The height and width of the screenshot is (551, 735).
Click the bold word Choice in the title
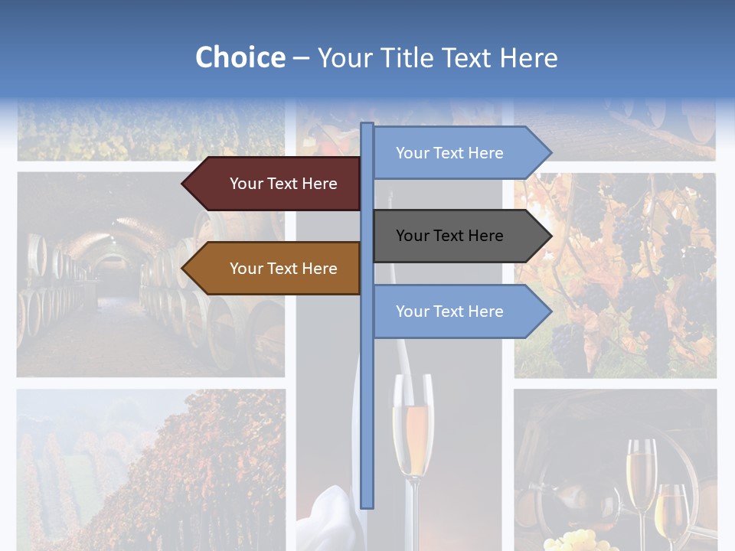[x=240, y=57]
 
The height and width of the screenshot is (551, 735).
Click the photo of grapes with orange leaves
[x=615, y=275]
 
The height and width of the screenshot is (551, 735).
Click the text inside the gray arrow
[x=449, y=236]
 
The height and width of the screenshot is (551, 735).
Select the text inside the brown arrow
[x=283, y=269]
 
